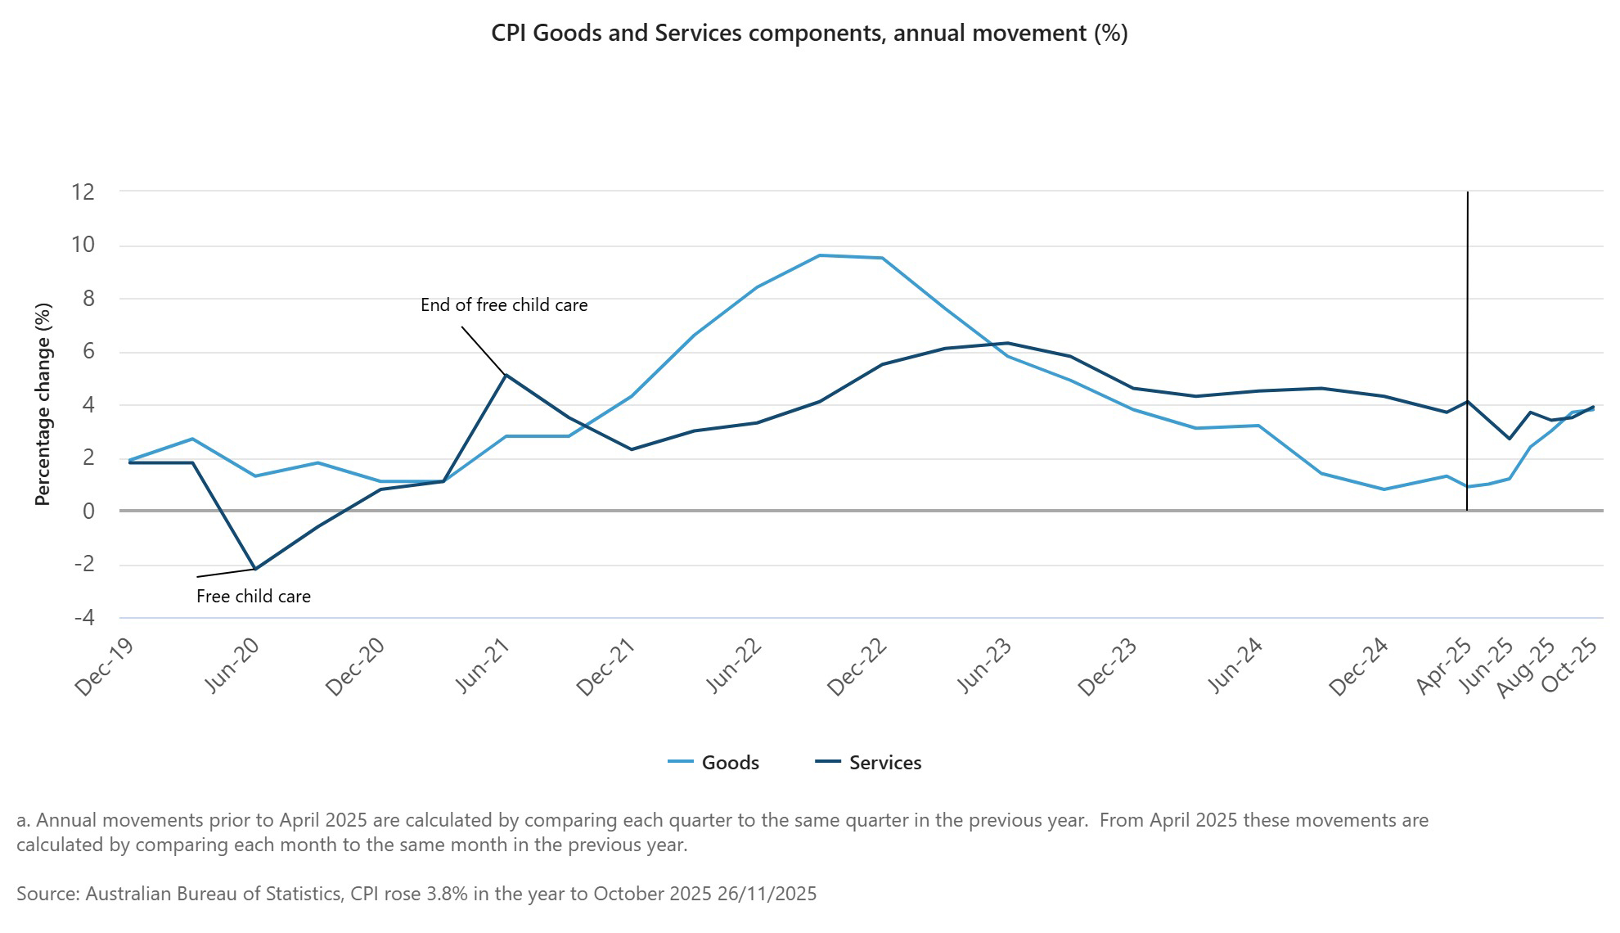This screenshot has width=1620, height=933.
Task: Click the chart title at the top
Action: point(809,34)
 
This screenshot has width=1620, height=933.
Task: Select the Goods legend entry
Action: point(730,763)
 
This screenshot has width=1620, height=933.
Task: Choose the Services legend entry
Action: point(884,763)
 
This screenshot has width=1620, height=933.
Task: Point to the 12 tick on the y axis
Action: point(83,192)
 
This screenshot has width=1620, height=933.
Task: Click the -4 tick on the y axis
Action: point(83,618)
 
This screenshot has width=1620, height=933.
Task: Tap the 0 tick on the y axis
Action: point(88,512)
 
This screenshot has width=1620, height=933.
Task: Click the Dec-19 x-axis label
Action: point(104,667)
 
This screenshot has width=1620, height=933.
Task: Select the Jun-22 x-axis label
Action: point(733,666)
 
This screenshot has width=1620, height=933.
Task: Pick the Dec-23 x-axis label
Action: point(1108,667)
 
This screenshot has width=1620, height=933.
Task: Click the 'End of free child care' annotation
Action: point(504,305)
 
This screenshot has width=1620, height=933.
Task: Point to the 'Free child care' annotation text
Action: point(254,597)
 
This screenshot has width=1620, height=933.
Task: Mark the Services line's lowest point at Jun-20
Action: point(255,569)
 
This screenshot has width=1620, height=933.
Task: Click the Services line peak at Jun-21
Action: point(506,375)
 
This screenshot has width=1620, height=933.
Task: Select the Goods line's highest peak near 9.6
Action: point(820,255)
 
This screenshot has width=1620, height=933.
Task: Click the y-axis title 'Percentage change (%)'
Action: point(43,404)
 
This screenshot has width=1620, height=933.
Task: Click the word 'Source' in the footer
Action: point(46,894)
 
